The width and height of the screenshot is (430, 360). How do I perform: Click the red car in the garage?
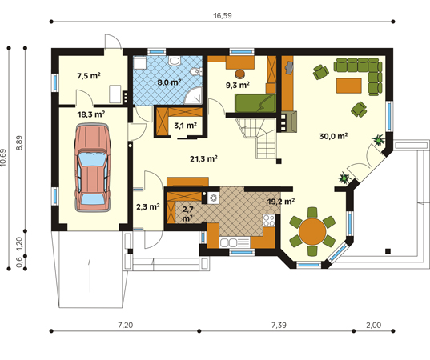tap(93, 167)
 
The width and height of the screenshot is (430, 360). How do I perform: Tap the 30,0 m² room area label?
tap(333, 136)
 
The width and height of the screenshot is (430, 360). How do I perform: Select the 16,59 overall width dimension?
tap(223, 16)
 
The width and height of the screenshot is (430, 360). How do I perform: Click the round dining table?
tap(312, 231)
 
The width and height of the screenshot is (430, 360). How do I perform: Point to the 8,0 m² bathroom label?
tap(169, 82)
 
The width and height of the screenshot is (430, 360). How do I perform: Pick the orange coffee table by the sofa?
tap(349, 86)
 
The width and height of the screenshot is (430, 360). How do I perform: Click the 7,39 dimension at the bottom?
tap(279, 326)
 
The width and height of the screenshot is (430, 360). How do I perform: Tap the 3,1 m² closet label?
tap(186, 126)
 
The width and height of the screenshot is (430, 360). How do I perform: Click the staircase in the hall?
tap(260, 138)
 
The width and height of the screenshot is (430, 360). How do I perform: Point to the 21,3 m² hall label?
tap(203, 158)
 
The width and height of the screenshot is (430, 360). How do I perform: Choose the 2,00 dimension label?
tap(373, 326)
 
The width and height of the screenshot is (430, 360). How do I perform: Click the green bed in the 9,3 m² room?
tap(255, 103)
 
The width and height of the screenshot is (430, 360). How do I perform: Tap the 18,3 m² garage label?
tap(91, 114)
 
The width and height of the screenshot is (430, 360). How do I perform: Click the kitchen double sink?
tap(229, 242)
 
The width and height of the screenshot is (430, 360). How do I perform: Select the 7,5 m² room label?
tap(89, 76)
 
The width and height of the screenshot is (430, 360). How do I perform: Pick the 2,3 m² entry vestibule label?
tap(148, 206)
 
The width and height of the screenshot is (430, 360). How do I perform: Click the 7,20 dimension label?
tap(126, 326)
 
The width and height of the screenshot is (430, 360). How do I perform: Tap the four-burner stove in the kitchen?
tap(269, 220)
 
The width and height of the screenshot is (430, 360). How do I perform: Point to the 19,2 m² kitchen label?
tap(281, 202)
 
